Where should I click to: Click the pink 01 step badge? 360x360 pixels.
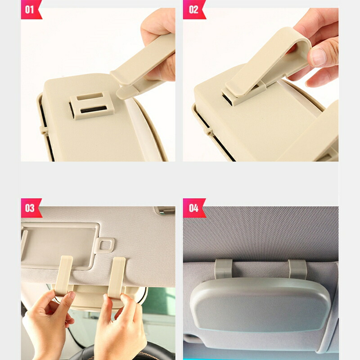[x=31, y=9]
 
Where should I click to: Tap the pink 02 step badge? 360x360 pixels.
[x=193, y=9]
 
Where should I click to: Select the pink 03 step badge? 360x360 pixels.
[x=31, y=208]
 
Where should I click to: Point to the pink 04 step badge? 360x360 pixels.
[x=193, y=208]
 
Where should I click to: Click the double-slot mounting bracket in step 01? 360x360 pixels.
[x=92, y=105]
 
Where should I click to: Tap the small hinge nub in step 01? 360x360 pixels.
[x=44, y=130]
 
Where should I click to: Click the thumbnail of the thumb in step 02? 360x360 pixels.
[x=318, y=57]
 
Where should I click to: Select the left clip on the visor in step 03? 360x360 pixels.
[x=63, y=275]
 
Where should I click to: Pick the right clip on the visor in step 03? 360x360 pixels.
[x=117, y=277]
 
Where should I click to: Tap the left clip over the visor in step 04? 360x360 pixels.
[x=223, y=269]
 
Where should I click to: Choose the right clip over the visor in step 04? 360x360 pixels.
[x=297, y=270]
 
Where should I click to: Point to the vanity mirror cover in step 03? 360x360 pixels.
[x=60, y=245]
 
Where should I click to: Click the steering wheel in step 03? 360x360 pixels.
[x=119, y=352]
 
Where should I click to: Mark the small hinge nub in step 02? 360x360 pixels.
[x=208, y=131]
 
